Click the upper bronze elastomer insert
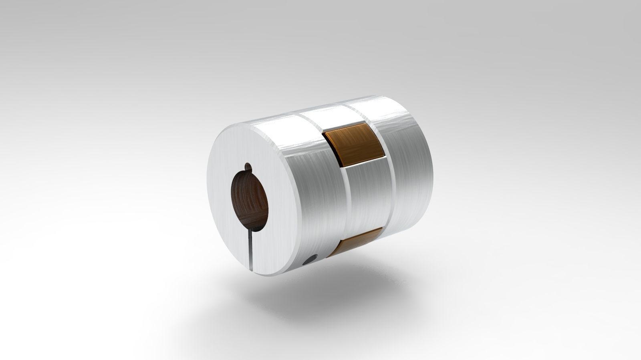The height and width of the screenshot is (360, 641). tap(353, 146)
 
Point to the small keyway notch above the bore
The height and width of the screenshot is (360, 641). tap(248, 167)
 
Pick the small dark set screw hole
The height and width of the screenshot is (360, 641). tap(308, 261)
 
